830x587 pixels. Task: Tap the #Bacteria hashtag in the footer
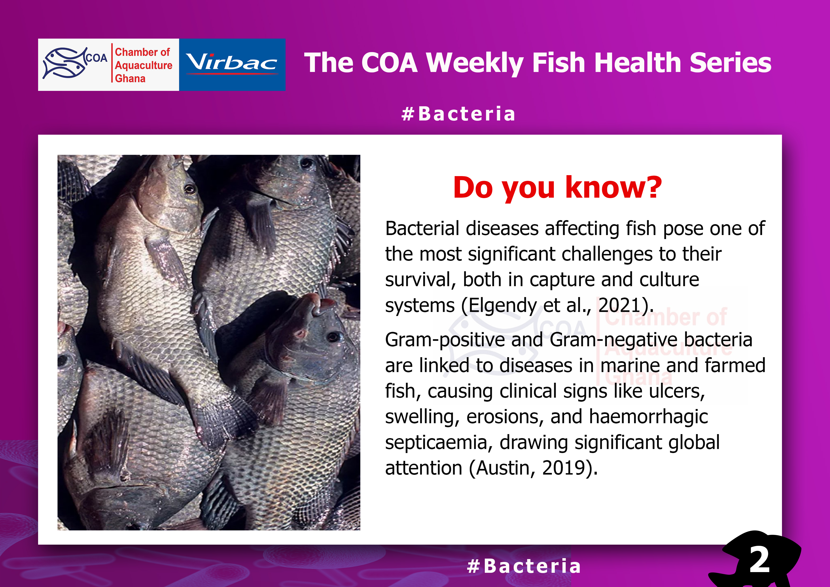(524, 566)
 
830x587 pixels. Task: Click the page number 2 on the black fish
(759, 560)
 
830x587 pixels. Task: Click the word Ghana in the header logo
(130, 79)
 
